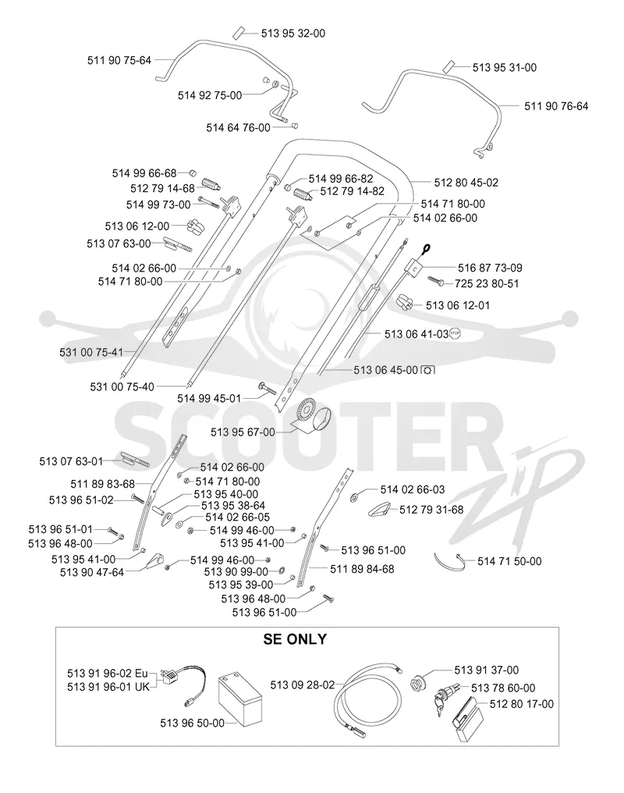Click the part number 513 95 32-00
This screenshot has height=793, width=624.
(293, 34)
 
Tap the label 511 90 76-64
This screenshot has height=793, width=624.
(556, 106)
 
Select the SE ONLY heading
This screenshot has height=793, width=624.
(295, 639)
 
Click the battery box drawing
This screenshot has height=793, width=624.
(240, 701)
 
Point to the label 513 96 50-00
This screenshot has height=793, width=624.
(192, 724)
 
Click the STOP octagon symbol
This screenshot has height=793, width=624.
(456, 333)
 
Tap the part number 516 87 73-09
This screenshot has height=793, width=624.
(490, 268)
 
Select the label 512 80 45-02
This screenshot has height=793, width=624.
(466, 183)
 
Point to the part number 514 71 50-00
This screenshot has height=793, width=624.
(509, 561)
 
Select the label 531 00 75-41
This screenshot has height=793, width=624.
(91, 352)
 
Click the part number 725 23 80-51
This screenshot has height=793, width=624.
(487, 284)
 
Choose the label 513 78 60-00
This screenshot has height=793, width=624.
(503, 688)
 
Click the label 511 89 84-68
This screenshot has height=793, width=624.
(362, 569)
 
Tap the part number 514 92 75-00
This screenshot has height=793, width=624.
(210, 95)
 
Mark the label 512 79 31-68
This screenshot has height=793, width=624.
(431, 510)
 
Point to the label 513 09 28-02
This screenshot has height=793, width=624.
(302, 685)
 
